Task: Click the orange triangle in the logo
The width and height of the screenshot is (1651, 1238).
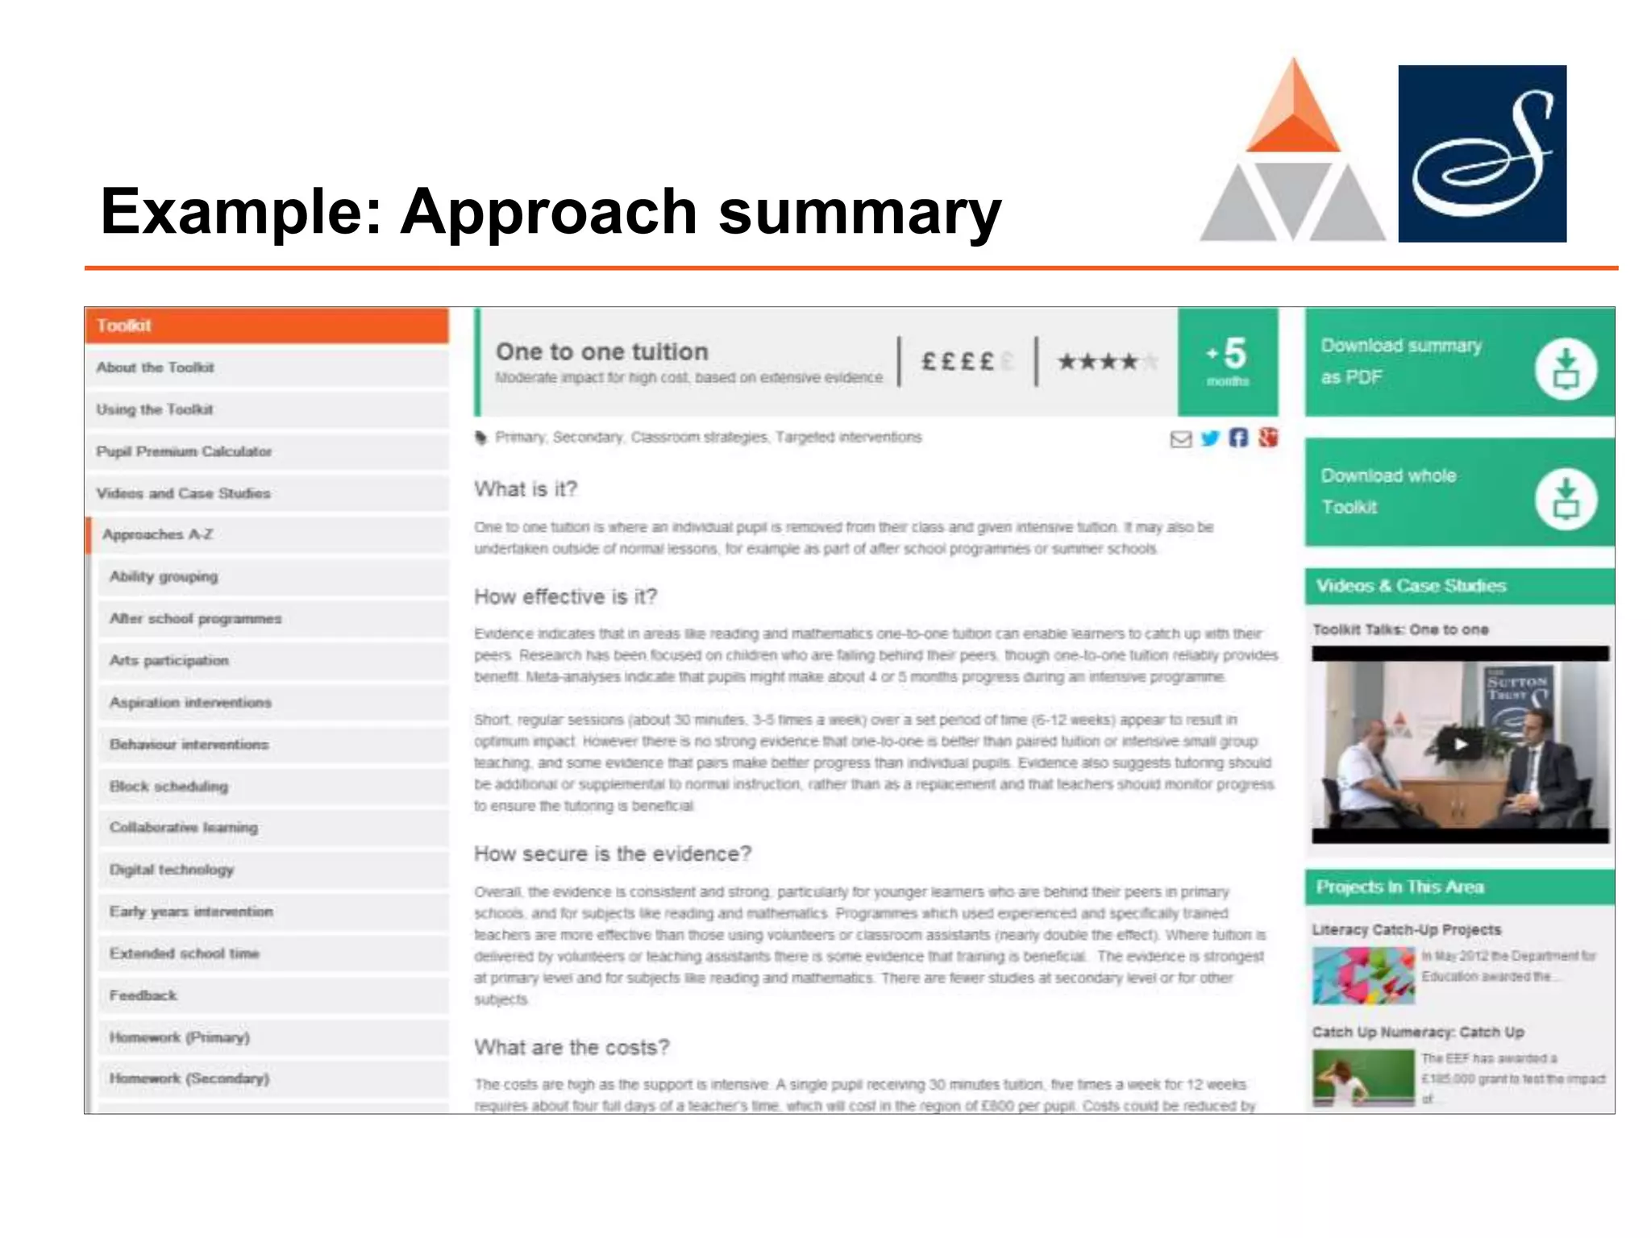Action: click(x=1293, y=113)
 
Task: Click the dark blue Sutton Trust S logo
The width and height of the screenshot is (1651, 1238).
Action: click(x=1482, y=153)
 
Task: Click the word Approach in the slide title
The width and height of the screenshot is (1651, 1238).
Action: click(x=548, y=211)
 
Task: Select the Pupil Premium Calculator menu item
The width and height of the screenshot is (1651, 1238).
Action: click(x=184, y=451)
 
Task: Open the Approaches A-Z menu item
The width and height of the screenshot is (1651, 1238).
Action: click(x=158, y=534)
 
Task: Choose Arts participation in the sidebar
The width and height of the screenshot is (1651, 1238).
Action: click(x=169, y=660)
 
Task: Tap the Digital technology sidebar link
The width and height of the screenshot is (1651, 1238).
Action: click(x=172, y=870)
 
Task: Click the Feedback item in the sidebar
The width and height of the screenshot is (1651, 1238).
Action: click(x=143, y=995)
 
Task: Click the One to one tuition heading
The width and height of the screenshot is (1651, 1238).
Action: click(x=601, y=351)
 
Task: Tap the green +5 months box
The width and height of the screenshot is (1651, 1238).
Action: click(x=1227, y=361)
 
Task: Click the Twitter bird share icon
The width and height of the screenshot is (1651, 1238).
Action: click(x=1209, y=438)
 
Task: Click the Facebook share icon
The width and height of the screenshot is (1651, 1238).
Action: click(x=1238, y=438)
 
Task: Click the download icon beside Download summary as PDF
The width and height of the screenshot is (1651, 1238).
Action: click(x=1565, y=369)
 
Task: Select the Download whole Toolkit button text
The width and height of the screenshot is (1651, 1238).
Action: click(x=1388, y=491)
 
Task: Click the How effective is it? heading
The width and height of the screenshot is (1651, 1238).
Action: click(x=565, y=596)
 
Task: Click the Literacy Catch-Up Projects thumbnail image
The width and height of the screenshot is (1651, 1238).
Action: click(x=1362, y=975)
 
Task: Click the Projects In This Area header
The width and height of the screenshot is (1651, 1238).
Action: click(x=1399, y=887)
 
